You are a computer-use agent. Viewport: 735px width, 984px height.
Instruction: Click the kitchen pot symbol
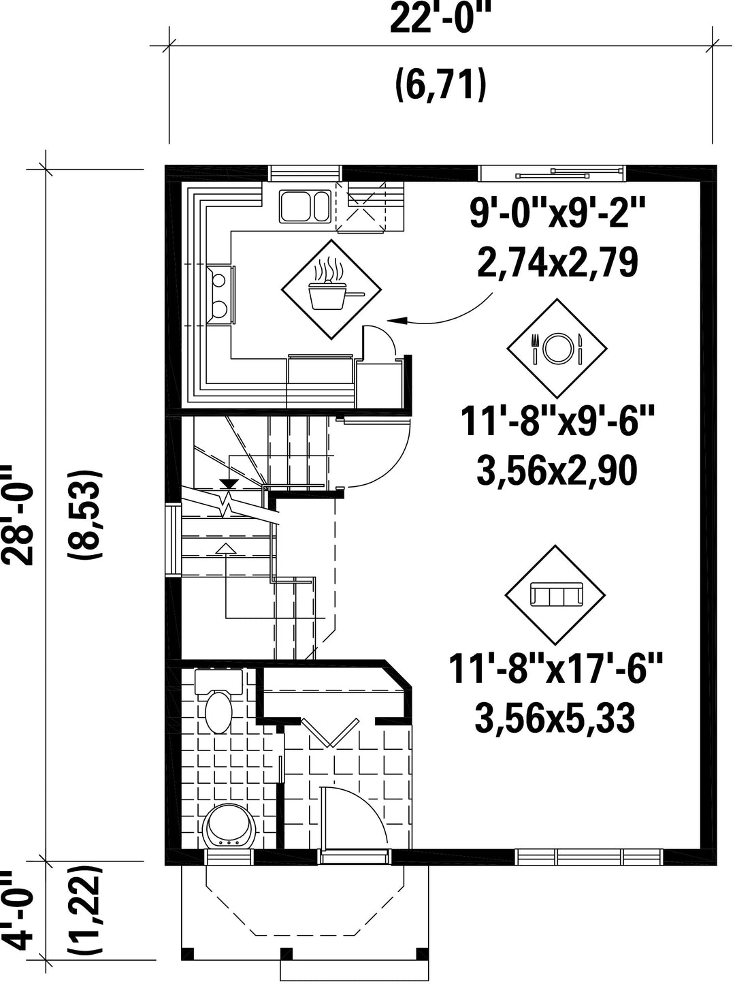point(331,289)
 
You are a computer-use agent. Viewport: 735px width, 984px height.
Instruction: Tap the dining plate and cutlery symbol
point(557,349)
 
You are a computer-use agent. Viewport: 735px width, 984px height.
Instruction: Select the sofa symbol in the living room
point(555,595)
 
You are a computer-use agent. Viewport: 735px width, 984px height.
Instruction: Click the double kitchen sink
point(305,206)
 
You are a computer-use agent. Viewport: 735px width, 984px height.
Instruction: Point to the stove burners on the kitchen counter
point(220,293)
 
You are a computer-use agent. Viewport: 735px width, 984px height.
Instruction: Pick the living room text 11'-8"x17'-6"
point(555,672)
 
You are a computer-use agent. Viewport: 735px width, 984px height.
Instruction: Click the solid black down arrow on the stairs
point(229,483)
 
